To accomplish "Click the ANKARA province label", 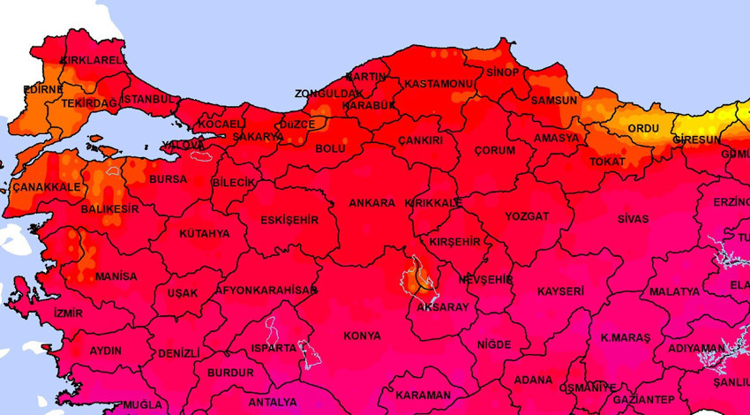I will coord(371,203).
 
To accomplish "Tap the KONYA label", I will coord(362,336).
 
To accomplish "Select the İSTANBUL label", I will coord(148,99).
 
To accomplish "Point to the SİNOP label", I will coord(502,72).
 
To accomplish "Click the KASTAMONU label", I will coord(439,84).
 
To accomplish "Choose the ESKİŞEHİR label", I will coord(289,220).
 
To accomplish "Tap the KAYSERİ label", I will coord(560,291).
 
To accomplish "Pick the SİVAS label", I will coord(633,219).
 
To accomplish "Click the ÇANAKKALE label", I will coord(46,187).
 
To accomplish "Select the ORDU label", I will coord(642,129).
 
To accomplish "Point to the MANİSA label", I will coord(116,276).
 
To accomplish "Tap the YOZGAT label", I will coord(527,216).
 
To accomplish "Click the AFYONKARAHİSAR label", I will coord(266,290).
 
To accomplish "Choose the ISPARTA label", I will coord(273,348).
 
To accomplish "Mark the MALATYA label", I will coord(674,291).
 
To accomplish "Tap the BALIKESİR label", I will coord(109,209).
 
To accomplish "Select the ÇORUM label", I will coord(494,151).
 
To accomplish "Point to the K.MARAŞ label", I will coord(625,338).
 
